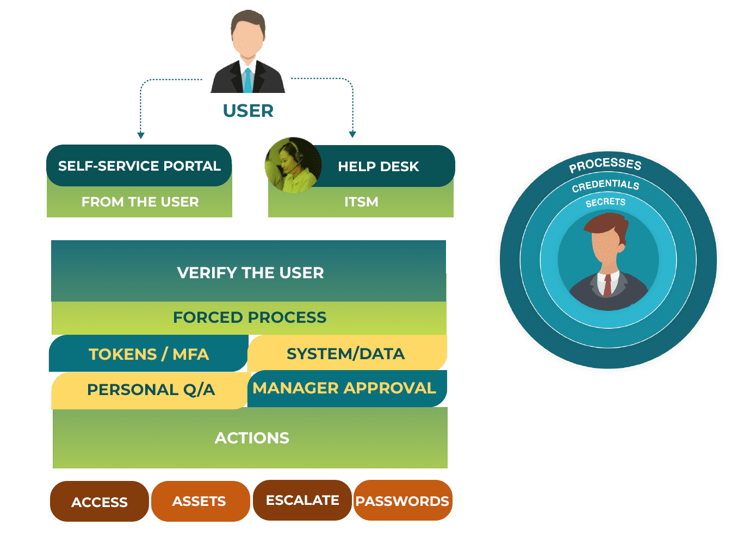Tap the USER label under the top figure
click(248, 111)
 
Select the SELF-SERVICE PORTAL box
click(139, 166)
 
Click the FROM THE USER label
click(140, 202)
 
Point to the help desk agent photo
click(293, 165)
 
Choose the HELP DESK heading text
click(378, 166)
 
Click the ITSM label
click(361, 202)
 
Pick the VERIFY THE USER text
click(250, 272)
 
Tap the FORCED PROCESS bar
click(249, 317)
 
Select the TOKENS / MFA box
click(148, 354)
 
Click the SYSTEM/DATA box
click(346, 354)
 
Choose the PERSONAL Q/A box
click(151, 390)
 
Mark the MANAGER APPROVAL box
click(344, 388)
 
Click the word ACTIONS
click(252, 438)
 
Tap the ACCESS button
click(100, 502)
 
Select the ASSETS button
click(199, 501)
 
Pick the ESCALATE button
click(302, 501)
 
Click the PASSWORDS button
click(403, 501)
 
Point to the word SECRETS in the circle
click(605, 203)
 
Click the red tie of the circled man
click(607, 285)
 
